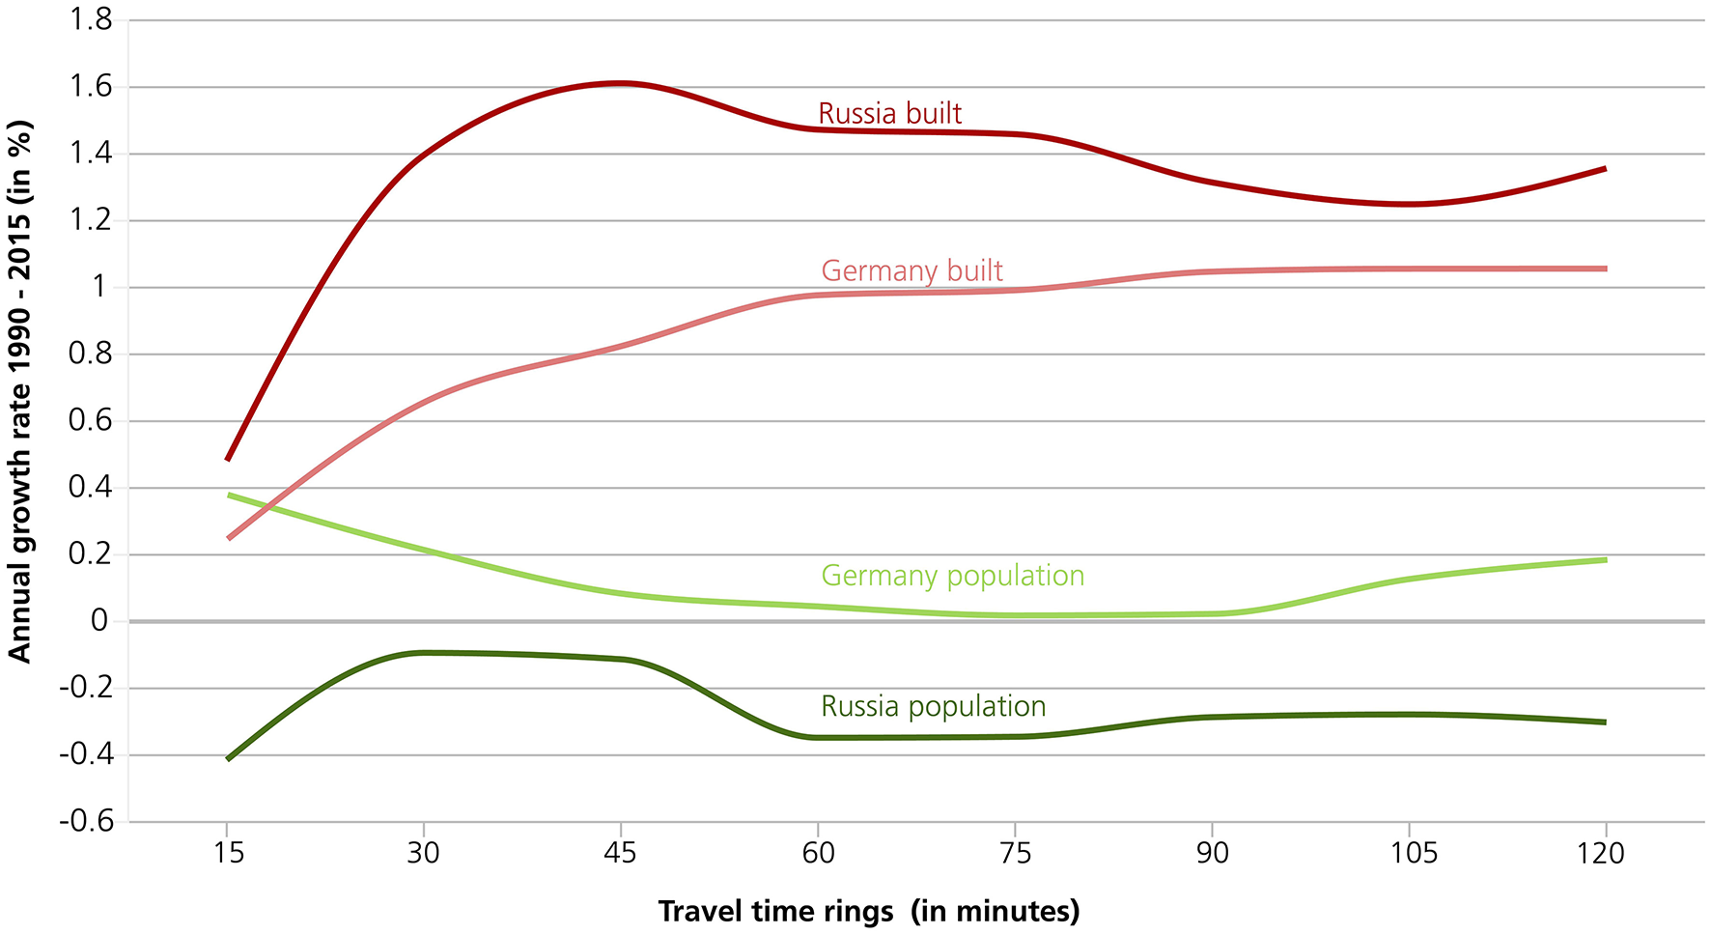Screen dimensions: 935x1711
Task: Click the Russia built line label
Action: coord(889,114)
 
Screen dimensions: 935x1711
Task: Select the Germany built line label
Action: coord(912,271)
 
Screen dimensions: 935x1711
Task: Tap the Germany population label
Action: coord(952,576)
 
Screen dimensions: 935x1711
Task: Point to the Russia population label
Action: coord(933,706)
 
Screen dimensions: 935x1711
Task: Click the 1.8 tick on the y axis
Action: coord(90,19)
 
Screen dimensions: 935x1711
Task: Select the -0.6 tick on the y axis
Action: coord(86,822)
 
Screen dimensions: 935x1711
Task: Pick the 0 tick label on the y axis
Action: coord(99,621)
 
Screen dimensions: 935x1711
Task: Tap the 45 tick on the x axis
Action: coord(620,853)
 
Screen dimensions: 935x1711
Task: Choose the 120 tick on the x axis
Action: coord(1605,853)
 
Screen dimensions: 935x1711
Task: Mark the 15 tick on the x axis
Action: coord(227,853)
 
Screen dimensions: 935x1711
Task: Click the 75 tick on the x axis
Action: coord(1015,853)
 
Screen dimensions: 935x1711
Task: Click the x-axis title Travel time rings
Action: coord(868,911)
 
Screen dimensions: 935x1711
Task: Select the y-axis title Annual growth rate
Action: coord(19,390)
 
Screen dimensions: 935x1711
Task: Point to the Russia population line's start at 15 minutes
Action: coord(228,759)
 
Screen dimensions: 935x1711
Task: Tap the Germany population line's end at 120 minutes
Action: coord(1605,560)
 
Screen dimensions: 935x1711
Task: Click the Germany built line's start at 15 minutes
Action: coord(229,538)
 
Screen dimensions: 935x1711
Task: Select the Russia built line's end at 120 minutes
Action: coord(1605,168)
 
